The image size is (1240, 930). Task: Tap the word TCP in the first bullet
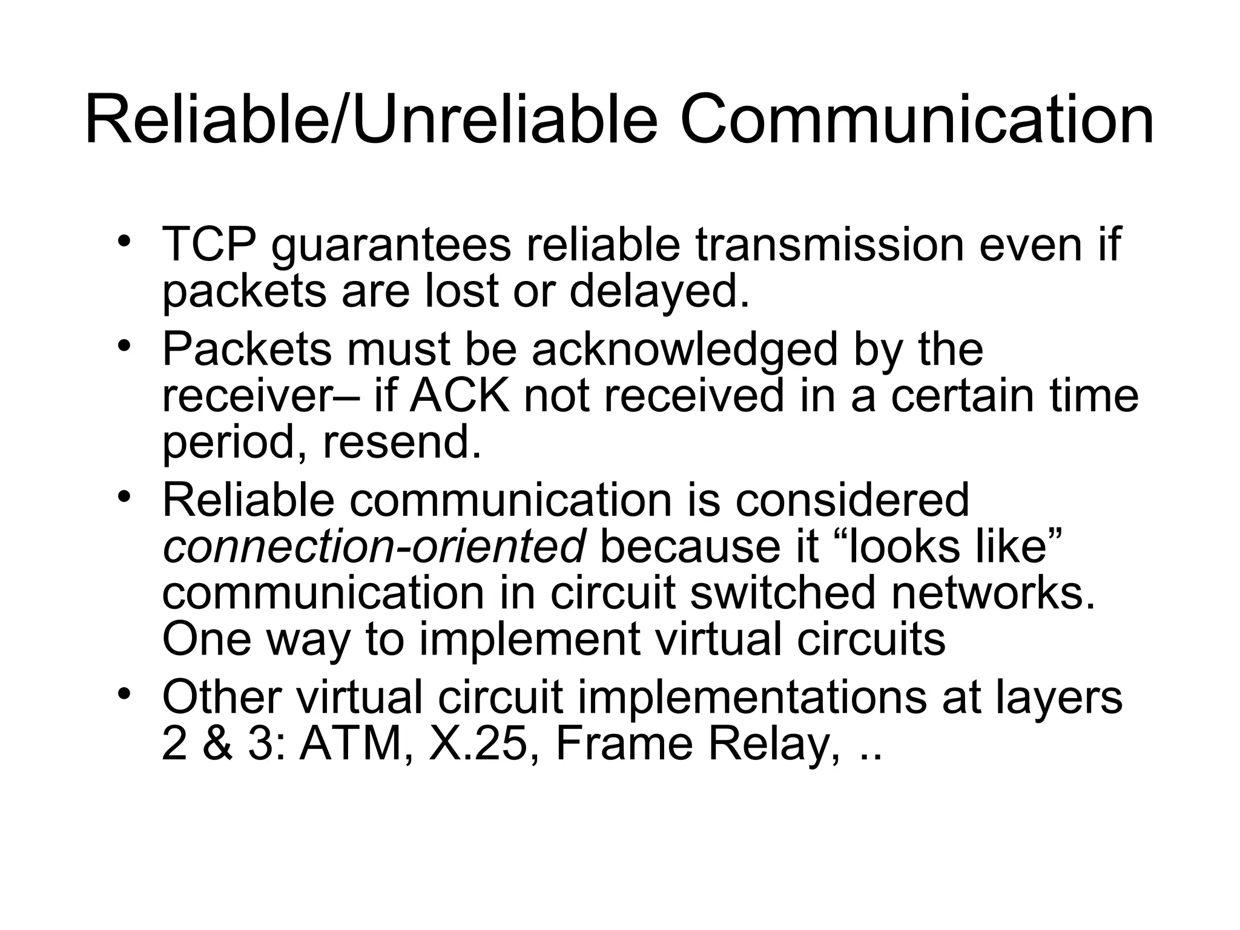click(x=208, y=244)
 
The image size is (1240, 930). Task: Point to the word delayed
click(x=659, y=292)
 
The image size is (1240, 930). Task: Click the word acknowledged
click(x=684, y=350)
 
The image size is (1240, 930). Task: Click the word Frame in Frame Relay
click(x=624, y=744)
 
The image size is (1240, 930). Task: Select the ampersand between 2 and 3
click(x=217, y=744)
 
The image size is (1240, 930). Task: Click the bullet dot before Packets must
click(x=124, y=346)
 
